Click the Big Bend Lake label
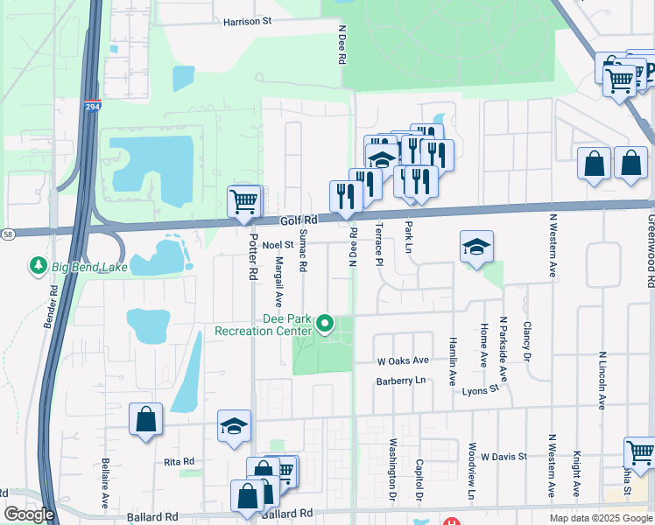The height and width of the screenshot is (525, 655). tap(89, 266)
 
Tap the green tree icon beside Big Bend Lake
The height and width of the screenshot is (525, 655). tap(39, 265)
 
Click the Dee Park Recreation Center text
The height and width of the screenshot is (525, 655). tap(264, 325)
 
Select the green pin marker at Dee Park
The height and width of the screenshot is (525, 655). tap(325, 325)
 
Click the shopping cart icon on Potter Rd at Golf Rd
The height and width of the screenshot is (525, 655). tap(243, 201)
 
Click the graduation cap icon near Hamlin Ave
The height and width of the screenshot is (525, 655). tap(476, 248)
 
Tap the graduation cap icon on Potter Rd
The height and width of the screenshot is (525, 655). tap(234, 426)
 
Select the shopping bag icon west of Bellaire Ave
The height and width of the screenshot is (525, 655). tap(145, 419)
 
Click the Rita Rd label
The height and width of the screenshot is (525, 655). tap(178, 461)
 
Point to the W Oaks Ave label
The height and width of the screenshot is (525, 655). tap(403, 360)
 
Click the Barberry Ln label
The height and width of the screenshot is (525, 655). tap(400, 381)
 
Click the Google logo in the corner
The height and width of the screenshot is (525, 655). tap(29, 514)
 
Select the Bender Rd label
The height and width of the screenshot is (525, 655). tap(51, 306)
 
